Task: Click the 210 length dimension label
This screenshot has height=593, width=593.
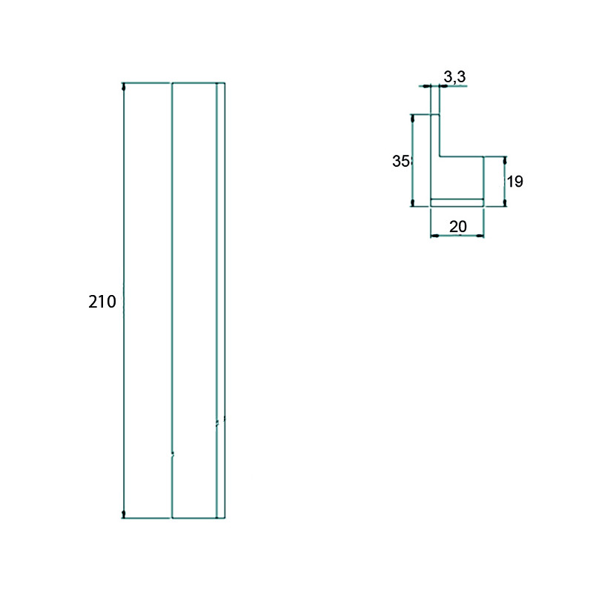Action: [102, 302]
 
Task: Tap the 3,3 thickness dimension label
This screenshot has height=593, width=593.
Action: [454, 77]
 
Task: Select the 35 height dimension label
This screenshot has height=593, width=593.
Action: [400, 161]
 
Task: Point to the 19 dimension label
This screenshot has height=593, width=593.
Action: [514, 182]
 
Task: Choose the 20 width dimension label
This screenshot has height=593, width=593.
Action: [457, 227]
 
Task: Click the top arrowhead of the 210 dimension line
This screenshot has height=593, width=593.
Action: [124, 86]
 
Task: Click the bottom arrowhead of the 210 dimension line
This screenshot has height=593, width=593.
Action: [124, 514]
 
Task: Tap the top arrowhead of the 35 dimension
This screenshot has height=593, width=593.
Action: [413, 118]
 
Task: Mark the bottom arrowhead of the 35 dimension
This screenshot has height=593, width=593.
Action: [413, 203]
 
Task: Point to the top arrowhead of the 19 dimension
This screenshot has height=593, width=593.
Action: [505, 160]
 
